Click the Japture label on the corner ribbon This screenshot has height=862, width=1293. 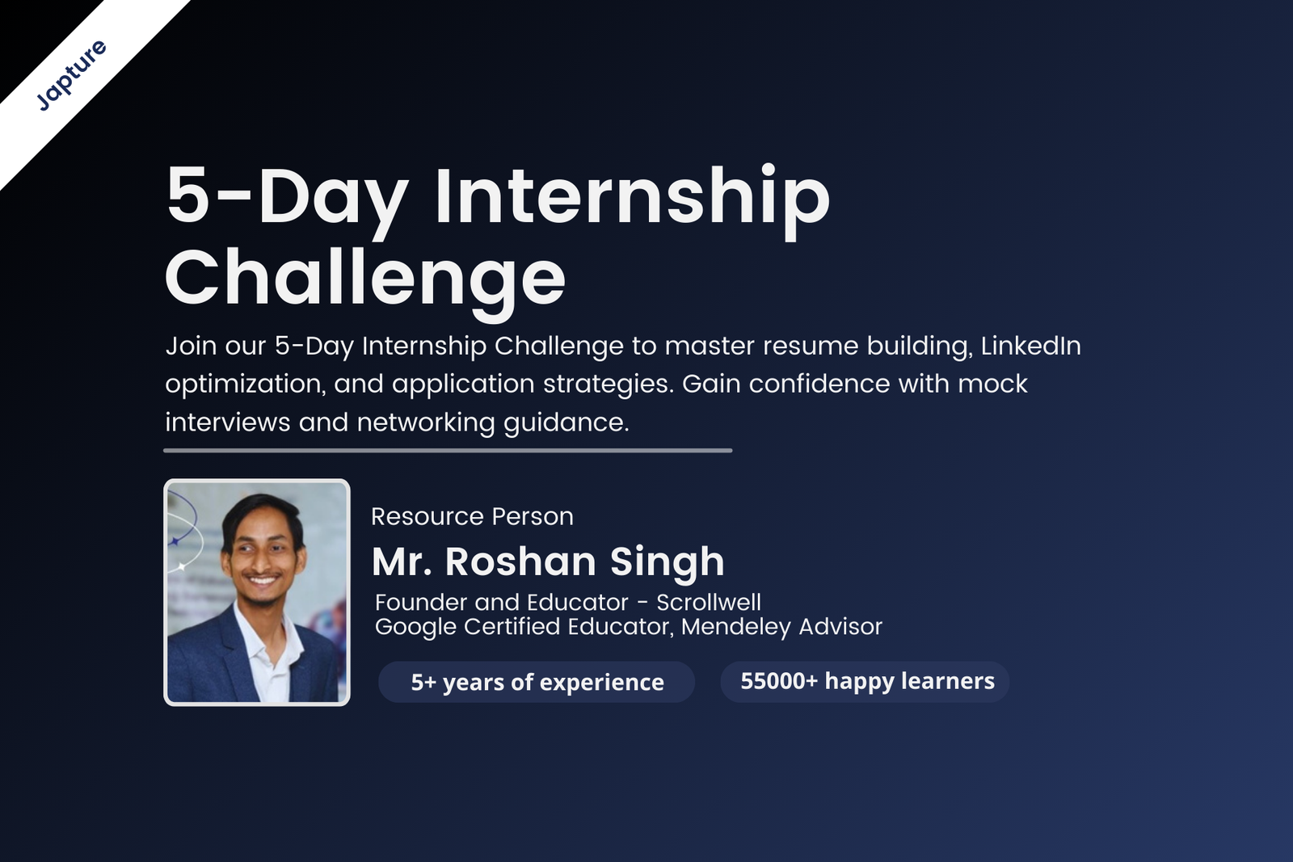tap(71, 75)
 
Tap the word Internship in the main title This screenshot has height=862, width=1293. tap(632, 200)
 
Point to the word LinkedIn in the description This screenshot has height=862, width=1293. tap(1031, 347)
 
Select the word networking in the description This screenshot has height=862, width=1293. tap(426, 423)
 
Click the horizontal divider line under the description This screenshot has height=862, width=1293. tap(448, 451)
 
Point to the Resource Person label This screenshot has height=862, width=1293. tap(472, 516)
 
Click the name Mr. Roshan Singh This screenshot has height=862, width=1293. tap(548, 562)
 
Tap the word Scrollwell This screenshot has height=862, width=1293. tap(708, 603)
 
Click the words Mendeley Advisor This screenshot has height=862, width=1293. tap(781, 627)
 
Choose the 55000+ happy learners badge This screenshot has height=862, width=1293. tap(865, 681)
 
